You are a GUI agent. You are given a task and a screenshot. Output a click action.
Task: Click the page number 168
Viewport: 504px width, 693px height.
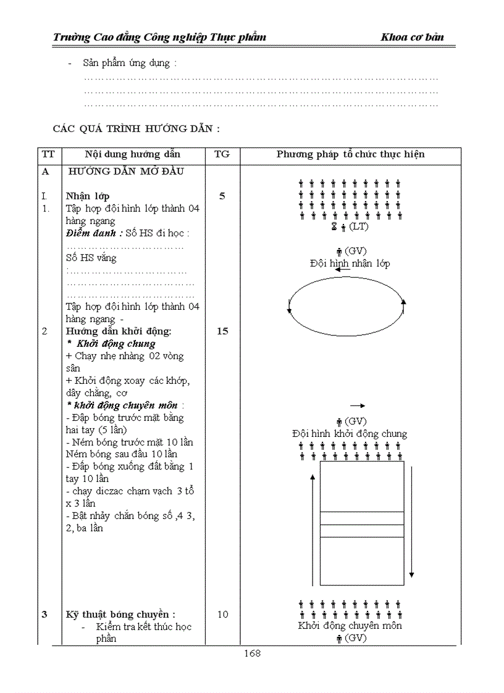click(252, 654)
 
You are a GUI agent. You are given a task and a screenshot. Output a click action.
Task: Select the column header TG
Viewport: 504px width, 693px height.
click(222, 154)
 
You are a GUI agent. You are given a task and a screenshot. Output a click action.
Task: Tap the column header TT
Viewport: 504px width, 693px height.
click(46, 154)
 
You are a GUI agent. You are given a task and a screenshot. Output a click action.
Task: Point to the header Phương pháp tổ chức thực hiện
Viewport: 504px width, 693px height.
click(350, 154)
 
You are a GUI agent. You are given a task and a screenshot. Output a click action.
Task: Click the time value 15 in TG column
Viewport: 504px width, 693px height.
click(222, 331)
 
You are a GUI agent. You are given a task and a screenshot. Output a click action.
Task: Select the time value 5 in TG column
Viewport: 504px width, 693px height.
click(222, 196)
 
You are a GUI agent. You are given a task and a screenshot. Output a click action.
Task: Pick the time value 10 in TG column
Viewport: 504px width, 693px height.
click(222, 614)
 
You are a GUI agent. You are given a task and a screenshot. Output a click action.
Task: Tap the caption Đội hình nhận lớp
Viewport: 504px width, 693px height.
click(350, 264)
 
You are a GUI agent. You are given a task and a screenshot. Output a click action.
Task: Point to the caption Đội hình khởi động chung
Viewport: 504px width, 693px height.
click(350, 434)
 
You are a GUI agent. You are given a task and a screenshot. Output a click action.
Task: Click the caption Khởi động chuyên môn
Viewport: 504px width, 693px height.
click(350, 626)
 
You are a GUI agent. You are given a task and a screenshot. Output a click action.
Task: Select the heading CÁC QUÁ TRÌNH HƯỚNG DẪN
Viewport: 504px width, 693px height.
click(136, 129)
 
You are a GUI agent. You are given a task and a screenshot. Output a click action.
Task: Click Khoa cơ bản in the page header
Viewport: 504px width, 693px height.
click(412, 38)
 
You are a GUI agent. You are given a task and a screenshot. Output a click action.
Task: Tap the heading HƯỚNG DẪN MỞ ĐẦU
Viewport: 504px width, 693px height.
click(126, 172)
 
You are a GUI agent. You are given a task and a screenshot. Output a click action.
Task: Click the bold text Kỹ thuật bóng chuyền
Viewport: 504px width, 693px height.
click(121, 614)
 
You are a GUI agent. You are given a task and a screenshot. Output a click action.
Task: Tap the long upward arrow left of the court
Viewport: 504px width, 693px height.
click(313, 531)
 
